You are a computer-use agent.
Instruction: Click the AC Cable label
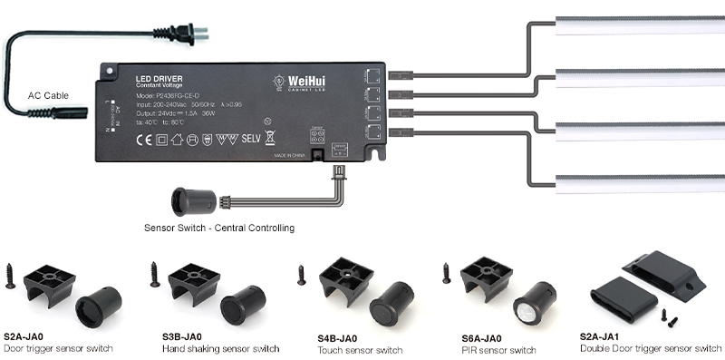[x=48, y=95]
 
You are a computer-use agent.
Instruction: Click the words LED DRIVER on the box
[x=159, y=79]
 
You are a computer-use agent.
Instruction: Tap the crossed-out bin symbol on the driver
[x=270, y=140]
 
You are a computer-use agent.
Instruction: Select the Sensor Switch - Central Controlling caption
[x=219, y=227]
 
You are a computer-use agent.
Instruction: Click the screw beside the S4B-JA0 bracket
[x=301, y=274]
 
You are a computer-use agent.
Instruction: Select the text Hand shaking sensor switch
[x=220, y=348]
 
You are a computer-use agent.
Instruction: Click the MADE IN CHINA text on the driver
[x=290, y=156]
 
